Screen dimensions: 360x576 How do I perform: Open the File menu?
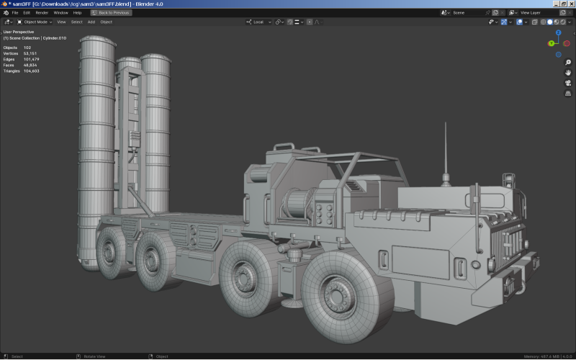click(14, 12)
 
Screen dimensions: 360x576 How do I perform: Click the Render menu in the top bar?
click(42, 12)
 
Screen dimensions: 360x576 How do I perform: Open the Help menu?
click(77, 12)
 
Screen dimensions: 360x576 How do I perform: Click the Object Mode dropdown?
click(35, 22)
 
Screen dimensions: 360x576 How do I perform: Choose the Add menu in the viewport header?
click(91, 22)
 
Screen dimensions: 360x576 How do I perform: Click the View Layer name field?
click(536, 12)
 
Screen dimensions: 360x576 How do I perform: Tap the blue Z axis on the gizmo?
click(558, 33)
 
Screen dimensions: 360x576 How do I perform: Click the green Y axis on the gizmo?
click(552, 43)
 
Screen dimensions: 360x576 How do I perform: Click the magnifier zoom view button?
click(568, 63)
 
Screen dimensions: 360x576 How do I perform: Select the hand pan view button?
click(568, 73)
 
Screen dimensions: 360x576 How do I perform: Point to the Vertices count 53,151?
click(31, 53)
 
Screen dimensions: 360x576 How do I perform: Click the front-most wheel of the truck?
click(338, 295)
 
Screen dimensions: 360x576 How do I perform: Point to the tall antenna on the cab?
click(444, 151)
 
